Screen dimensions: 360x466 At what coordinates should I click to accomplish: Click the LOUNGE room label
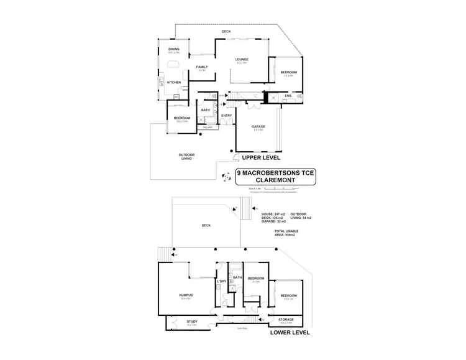242,60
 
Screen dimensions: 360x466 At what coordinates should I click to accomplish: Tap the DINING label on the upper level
173,50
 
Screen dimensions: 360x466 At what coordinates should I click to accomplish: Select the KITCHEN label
173,83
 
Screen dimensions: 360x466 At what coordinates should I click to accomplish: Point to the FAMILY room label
201,67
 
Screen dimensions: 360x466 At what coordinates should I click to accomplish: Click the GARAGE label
258,126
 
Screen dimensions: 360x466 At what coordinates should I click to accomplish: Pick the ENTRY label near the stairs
227,115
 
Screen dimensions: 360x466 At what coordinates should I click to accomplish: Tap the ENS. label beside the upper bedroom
288,96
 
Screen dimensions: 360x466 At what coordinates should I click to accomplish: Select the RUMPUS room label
186,295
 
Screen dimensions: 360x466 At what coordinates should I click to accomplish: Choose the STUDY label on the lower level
192,321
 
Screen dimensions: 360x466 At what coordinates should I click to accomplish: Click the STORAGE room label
286,320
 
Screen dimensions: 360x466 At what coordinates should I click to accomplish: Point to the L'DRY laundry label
222,282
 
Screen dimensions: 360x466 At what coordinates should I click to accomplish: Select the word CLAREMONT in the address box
276,181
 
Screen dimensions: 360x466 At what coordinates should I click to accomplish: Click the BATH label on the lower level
237,277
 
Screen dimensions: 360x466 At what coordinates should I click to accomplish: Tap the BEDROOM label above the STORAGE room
288,295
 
